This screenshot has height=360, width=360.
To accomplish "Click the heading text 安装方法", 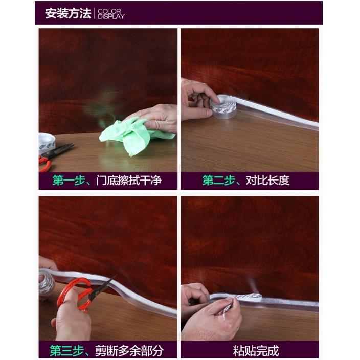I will click(x=67, y=13).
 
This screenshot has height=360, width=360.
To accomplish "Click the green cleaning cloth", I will click(x=126, y=134).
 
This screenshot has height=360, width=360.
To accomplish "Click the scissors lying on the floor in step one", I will click(x=53, y=156).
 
